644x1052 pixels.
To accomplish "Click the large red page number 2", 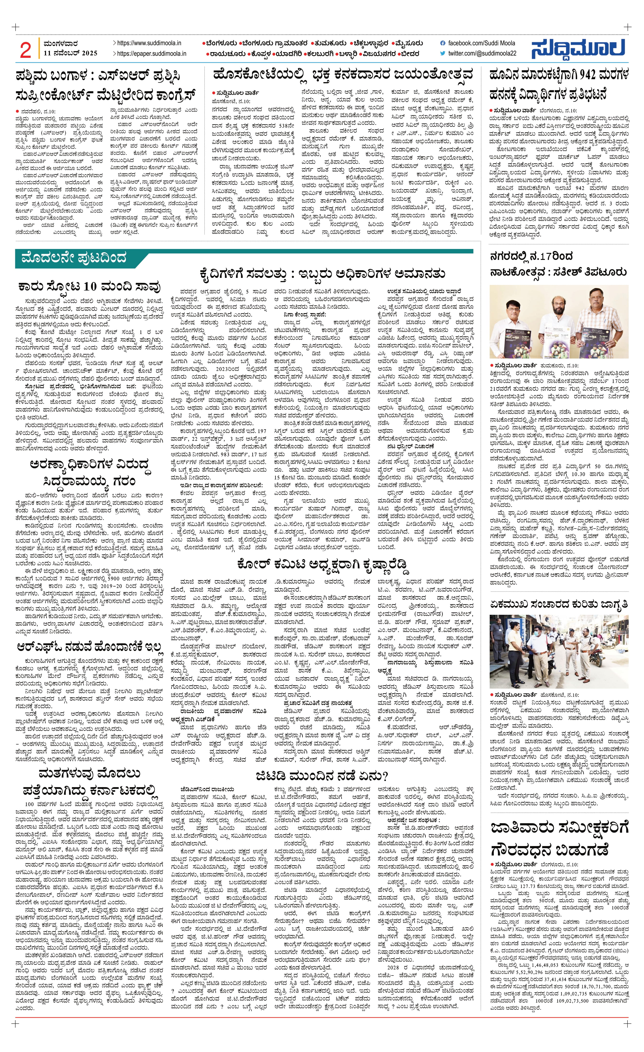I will click(x=26, y=50).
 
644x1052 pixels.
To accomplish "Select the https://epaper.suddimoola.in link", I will click(x=152, y=54).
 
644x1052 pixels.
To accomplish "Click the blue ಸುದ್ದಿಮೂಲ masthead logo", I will click(x=579, y=49).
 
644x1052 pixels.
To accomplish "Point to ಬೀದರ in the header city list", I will click(x=410, y=54).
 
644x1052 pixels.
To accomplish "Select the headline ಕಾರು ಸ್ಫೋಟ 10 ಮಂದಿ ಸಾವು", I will click(x=90, y=286).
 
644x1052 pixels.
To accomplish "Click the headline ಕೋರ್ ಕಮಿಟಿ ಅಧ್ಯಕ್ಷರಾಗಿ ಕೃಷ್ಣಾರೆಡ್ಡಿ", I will click(x=322, y=564).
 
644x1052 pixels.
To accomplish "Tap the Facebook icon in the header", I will click(x=443, y=43).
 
